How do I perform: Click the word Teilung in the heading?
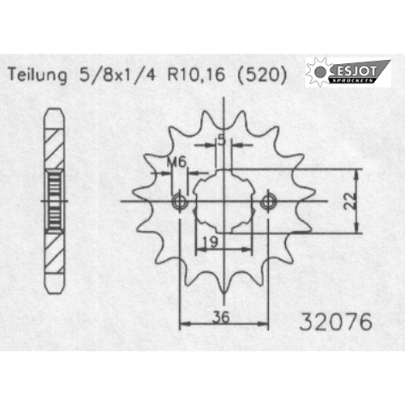click(x=37, y=75)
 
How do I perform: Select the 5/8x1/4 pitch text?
click(x=117, y=75)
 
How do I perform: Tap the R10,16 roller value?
click(x=196, y=75)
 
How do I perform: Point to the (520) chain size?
click(x=262, y=75)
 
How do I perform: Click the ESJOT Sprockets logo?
click(x=348, y=72)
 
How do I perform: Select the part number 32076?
click(x=336, y=322)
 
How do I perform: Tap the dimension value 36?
click(x=221, y=317)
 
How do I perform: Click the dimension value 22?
click(x=350, y=201)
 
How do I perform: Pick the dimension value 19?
click(x=210, y=242)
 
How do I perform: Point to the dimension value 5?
click(x=221, y=140)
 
